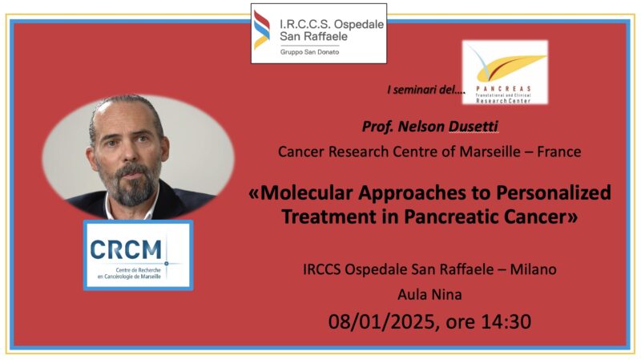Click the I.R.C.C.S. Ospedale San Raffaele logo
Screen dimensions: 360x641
click(x=318, y=33)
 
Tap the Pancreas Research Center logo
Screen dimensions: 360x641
click(x=505, y=72)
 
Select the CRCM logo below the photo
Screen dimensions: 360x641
click(x=138, y=254)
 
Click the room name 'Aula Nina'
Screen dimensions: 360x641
click(x=429, y=295)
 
